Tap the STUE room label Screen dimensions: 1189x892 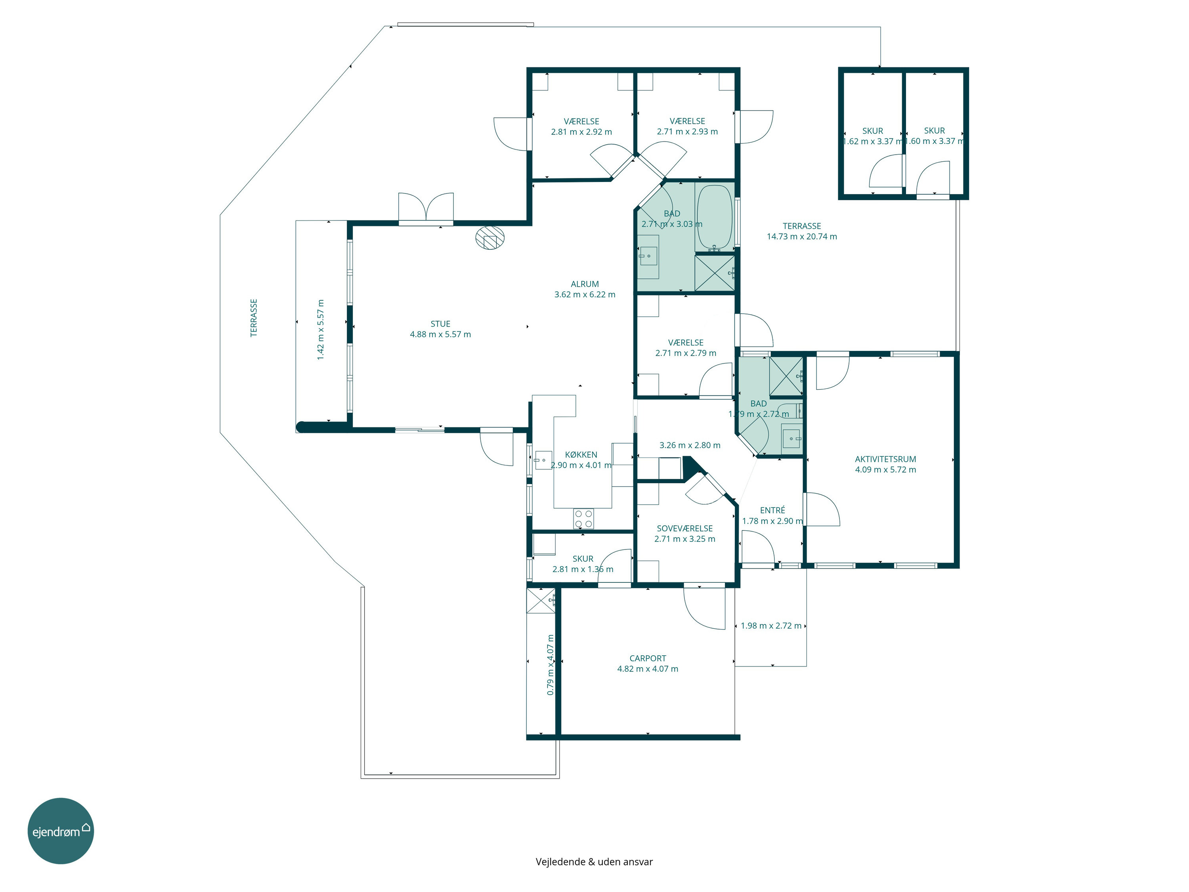(440, 323)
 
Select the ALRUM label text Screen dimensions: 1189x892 (585, 284)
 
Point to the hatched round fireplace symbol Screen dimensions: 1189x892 (490, 237)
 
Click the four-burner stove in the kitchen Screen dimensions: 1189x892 (584, 518)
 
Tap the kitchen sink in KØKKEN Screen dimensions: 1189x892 (543, 460)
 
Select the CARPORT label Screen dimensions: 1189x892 (648, 658)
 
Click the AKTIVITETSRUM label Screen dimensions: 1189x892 (885, 459)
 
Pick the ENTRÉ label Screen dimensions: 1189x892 (772, 510)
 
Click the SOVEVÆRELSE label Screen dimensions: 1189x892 (685, 528)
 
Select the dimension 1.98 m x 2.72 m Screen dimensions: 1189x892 (771, 626)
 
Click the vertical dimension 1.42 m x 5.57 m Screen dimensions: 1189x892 (321, 329)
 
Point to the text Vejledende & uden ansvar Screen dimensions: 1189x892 (594, 861)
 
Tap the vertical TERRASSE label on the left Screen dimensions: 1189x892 (254, 318)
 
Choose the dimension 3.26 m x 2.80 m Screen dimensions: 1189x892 (690, 445)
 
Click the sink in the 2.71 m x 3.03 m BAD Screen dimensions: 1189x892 (649, 256)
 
